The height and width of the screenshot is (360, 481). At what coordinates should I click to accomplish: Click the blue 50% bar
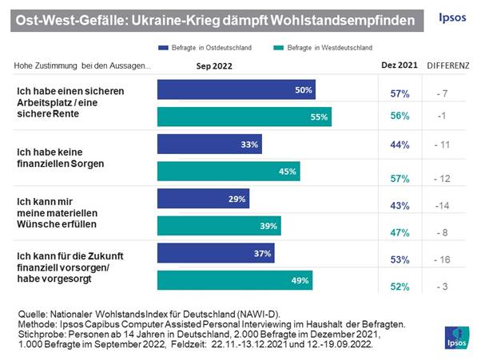pos(236,89)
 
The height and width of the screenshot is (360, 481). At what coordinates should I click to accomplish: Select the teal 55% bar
pos(244,117)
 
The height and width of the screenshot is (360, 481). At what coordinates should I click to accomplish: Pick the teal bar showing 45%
pos(229,171)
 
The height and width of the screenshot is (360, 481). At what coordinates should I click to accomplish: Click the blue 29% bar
pos(203,198)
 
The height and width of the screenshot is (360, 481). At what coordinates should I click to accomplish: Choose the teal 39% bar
pos(219,226)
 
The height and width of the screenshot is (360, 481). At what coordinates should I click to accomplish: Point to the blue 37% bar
pos(216,253)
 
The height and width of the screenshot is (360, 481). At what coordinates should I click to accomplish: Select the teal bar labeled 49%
pos(234,280)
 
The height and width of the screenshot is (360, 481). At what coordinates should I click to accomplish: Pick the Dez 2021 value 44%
pos(400,144)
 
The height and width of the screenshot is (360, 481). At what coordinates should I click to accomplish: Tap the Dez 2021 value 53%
pos(400,259)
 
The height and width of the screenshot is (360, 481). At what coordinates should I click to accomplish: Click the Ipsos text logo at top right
pos(455,18)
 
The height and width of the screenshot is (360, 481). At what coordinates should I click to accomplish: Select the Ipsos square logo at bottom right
pos(458,336)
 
